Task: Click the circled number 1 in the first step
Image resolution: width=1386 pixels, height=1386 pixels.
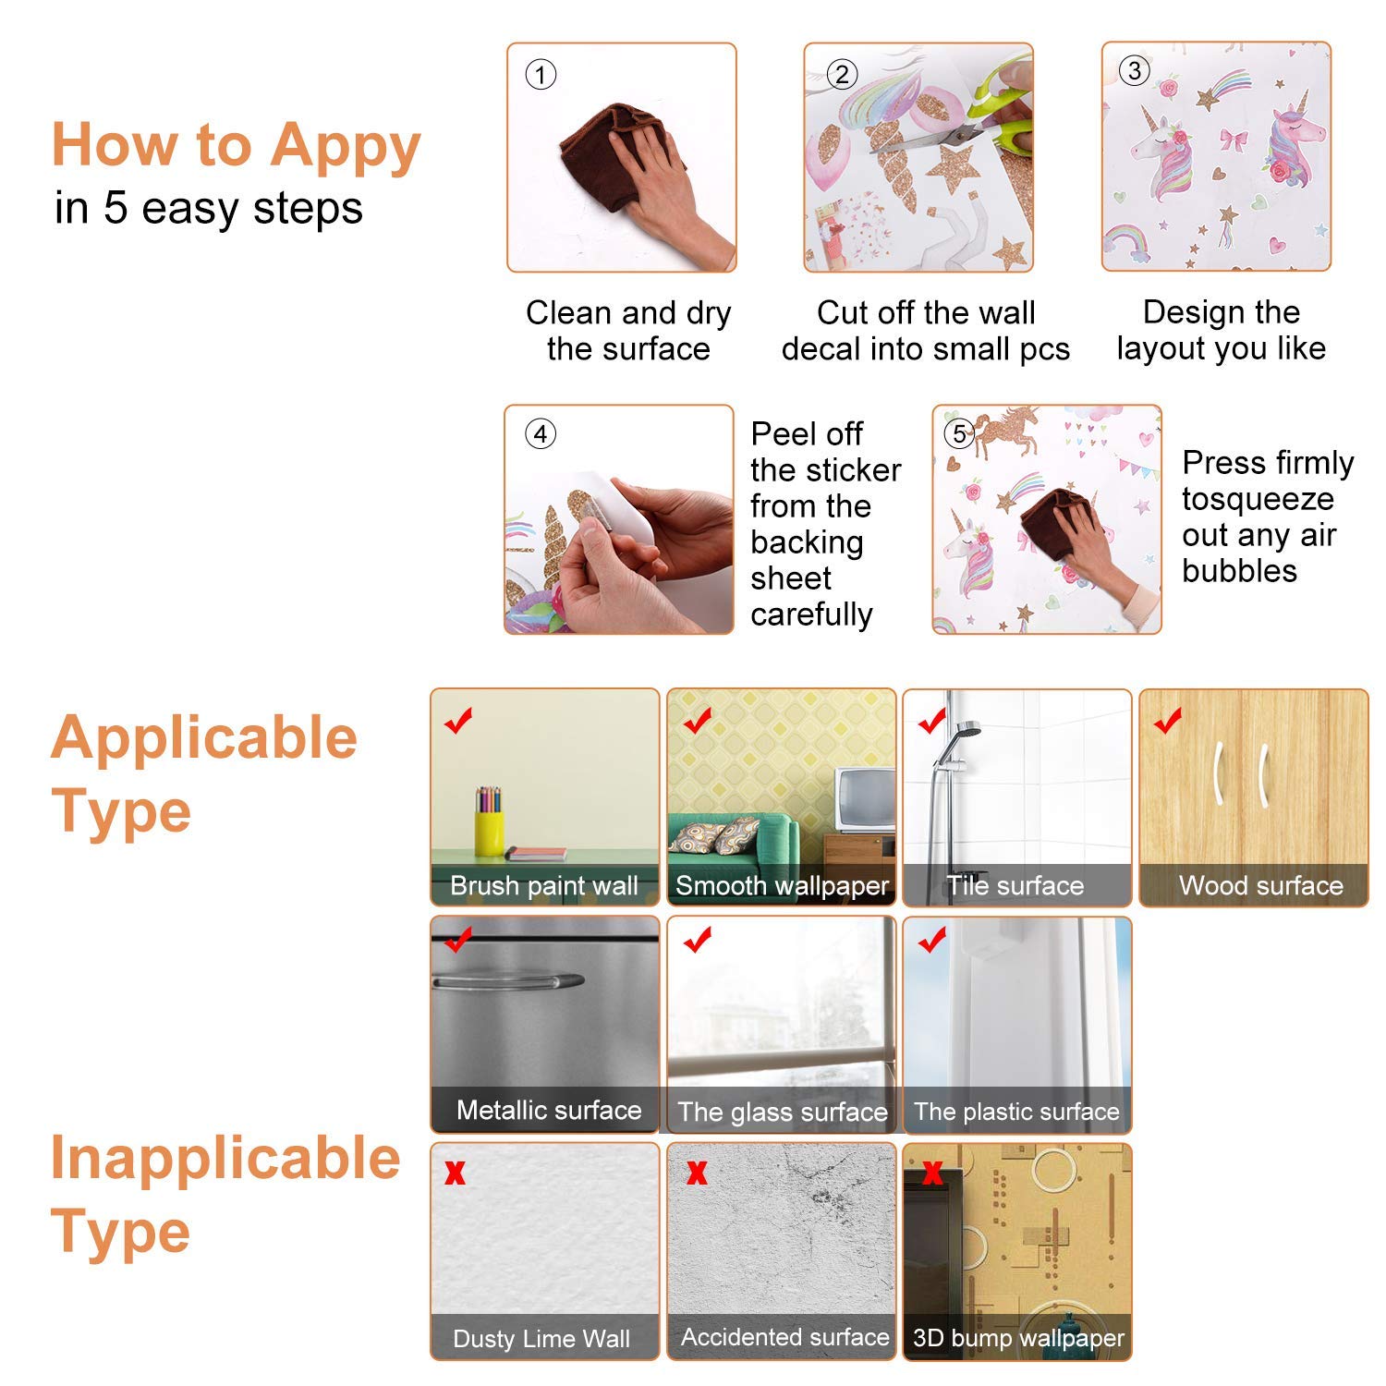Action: click(541, 74)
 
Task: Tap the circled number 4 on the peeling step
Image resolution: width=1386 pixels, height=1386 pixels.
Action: click(541, 433)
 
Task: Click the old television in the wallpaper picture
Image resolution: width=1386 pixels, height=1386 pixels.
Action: click(865, 799)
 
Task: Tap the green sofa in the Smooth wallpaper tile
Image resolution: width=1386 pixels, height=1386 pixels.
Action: click(735, 841)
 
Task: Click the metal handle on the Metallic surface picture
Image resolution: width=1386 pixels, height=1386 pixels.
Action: click(508, 980)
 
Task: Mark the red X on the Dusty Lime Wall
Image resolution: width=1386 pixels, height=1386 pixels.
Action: click(455, 1173)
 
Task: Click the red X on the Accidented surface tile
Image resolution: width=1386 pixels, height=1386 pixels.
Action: click(697, 1173)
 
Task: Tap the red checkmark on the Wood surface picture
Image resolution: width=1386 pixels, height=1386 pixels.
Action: click(1168, 720)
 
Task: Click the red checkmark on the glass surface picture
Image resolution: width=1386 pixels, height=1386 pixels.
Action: click(698, 940)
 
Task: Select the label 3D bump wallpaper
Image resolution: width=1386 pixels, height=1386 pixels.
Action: click(1018, 1338)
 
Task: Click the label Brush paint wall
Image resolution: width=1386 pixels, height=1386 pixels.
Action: click(544, 886)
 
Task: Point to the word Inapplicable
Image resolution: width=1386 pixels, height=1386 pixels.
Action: click(225, 1159)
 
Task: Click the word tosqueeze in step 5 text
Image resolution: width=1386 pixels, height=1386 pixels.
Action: click(1258, 499)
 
